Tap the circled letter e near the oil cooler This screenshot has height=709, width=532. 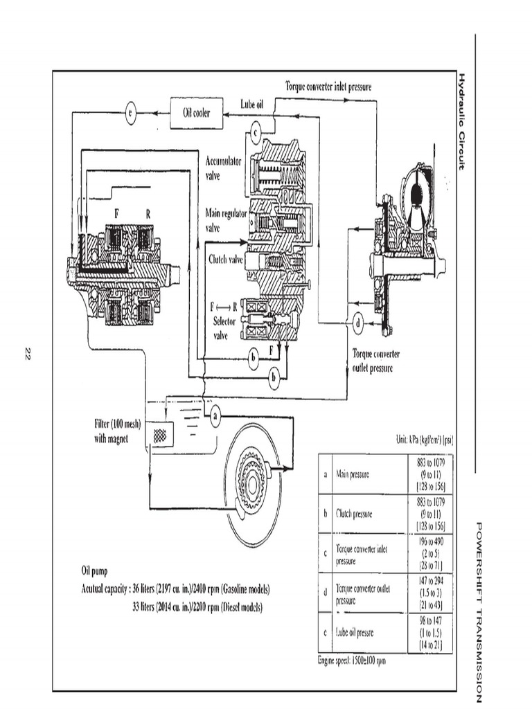130,114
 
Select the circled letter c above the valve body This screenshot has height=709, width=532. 256,130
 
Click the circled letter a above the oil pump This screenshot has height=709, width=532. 215,416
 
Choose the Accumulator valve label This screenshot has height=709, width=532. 223,168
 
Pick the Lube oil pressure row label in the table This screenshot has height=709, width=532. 360,632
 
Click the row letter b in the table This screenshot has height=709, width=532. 325,514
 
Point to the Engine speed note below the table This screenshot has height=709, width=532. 351,661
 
